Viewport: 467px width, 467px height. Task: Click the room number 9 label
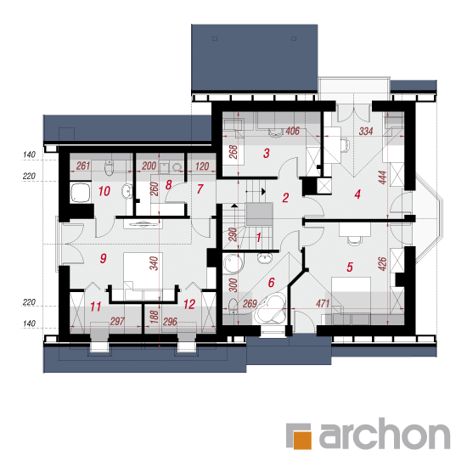tap(104, 258)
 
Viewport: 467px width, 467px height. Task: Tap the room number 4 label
tap(357, 194)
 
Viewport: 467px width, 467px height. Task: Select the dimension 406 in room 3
tap(292, 131)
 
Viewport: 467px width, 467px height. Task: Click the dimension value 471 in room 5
tap(323, 303)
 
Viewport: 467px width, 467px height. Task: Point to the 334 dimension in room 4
tap(366, 131)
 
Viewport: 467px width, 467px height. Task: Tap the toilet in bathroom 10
tap(110, 168)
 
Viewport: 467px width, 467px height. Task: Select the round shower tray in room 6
tap(233, 263)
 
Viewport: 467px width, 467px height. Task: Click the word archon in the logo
tap(384, 433)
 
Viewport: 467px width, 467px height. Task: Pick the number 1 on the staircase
tap(258, 238)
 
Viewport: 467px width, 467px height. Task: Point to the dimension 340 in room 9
tap(154, 263)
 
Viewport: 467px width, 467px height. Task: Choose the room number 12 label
tap(189, 304)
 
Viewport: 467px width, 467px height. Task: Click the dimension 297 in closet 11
tap(117, 321)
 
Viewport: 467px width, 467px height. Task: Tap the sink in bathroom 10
tap(127, 191)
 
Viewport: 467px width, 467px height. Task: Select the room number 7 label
tap(200, 188)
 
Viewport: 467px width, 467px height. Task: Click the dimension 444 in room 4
tap(383, 177)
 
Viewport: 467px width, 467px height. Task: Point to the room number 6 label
tap(271, 282)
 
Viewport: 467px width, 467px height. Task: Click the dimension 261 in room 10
tap(83, 166)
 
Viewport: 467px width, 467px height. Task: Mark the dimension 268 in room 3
tap(233, 152)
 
